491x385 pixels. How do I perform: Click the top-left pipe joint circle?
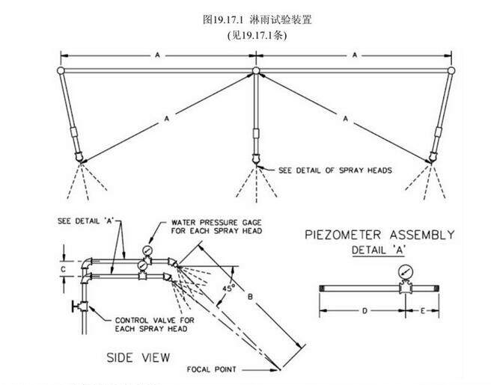click(x=60, y=71)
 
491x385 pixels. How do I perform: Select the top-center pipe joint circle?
click(x=256, y=71)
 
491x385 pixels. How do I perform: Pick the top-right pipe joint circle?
click(x=451, y=71)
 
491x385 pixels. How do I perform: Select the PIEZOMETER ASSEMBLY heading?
click(x=379, y=235)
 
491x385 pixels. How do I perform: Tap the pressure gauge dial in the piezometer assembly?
click(x=406, y=271)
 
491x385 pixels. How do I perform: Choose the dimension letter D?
click(x=363, y=308)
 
